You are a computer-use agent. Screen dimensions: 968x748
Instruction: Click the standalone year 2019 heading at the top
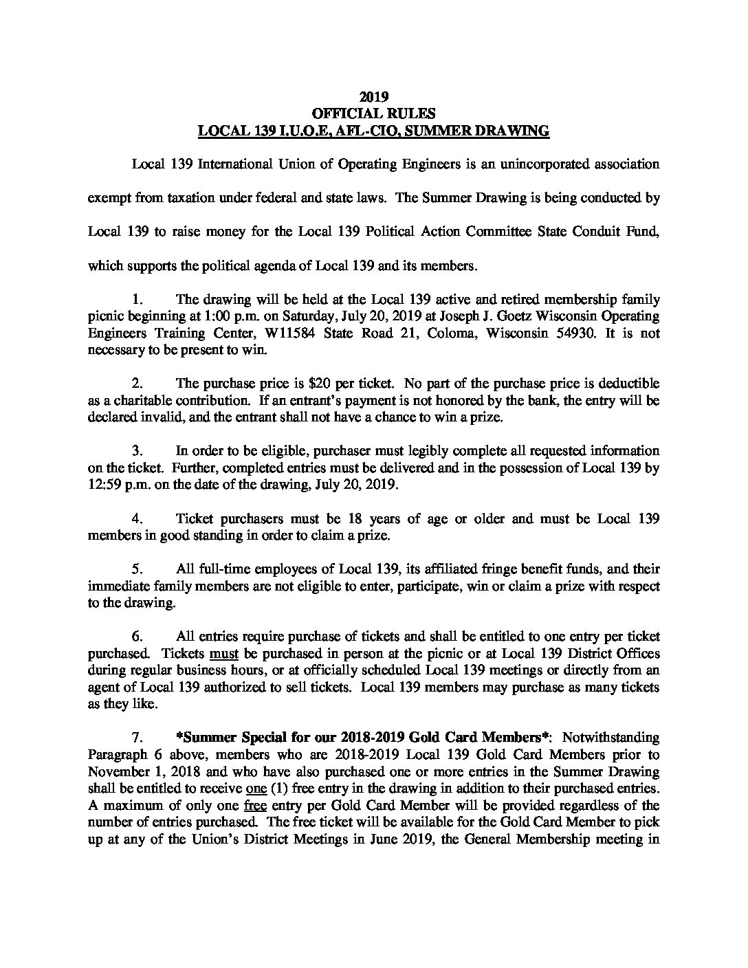tap(374, 97)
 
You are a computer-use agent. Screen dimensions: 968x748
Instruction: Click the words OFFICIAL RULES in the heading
tap(374, 113)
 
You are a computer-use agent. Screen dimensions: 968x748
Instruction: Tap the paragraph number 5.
tap(136, 569)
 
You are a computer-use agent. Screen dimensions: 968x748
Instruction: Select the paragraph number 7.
tap(136, 738)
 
